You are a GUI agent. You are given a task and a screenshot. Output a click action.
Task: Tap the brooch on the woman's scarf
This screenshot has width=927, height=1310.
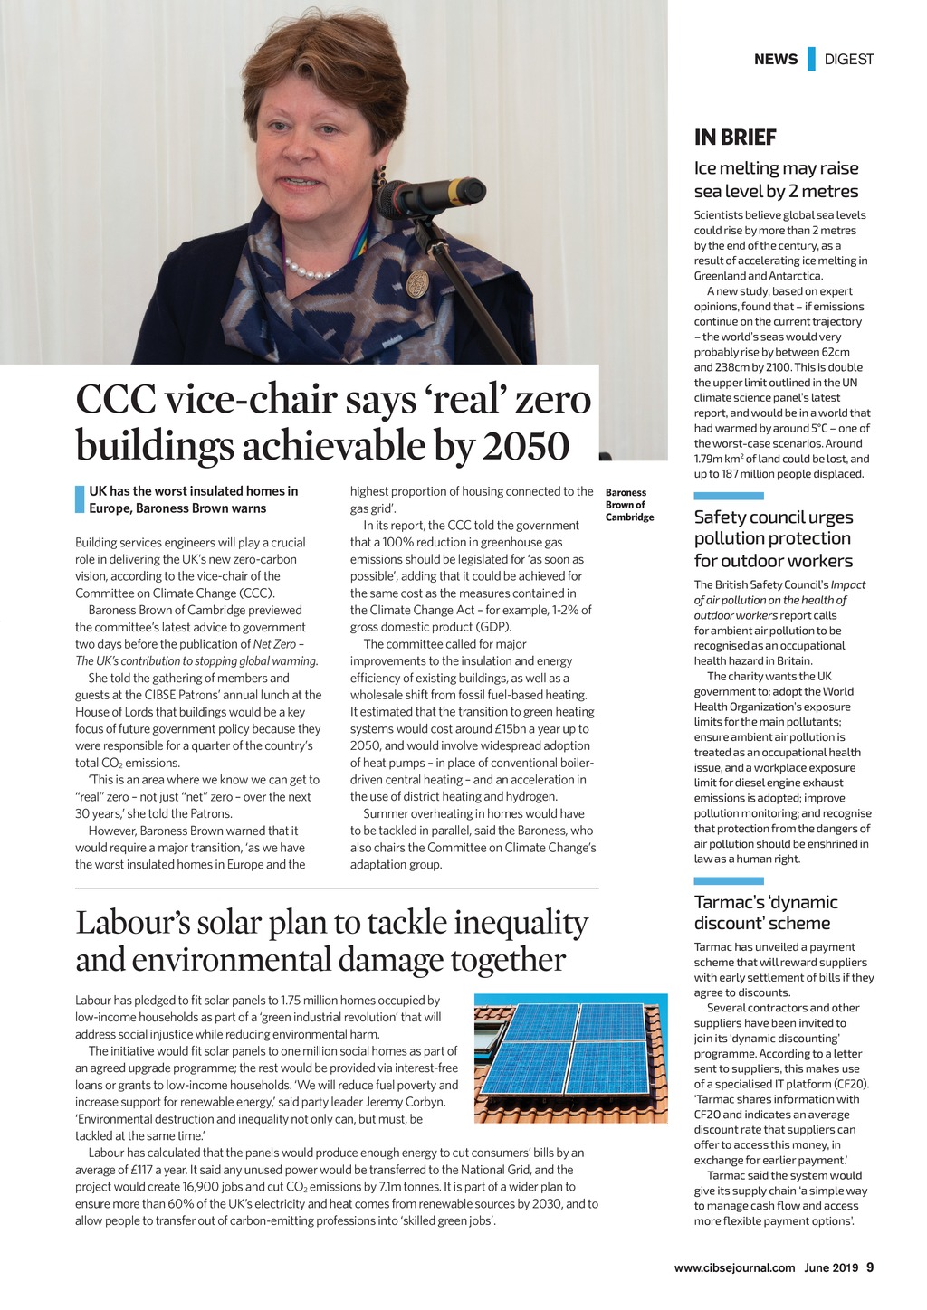click(417, 282)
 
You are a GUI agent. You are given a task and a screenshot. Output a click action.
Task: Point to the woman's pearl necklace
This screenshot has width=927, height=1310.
click(310, 270)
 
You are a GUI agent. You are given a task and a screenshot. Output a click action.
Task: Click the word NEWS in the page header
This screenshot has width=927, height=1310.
click(776, 60)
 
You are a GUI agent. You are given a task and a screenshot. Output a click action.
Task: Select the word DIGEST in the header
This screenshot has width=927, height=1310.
click(849, 60)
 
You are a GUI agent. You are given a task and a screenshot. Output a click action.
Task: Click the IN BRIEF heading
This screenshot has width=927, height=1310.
click(735, 138)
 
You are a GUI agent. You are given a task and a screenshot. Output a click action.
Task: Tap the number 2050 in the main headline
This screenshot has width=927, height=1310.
click(526, 445)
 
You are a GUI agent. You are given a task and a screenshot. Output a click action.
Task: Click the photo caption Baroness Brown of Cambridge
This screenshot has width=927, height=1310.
click(629, 505)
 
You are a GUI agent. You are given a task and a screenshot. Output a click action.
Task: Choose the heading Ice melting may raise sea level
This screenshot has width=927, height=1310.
click(776, 179)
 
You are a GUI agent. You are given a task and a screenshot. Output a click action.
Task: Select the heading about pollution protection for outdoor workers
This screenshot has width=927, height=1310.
click(773, 538)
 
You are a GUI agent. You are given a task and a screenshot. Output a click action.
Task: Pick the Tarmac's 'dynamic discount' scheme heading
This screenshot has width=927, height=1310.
click(766, 912)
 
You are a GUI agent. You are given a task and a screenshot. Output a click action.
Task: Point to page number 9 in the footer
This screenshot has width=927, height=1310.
click(870, 1267)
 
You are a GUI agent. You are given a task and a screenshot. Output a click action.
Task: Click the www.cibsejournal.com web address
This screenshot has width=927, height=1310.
click(734, 1268)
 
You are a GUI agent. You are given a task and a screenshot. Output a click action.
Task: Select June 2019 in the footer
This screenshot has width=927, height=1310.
click(831, 1268)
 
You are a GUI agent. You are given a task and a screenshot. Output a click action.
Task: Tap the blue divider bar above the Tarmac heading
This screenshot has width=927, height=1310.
click(729, 881)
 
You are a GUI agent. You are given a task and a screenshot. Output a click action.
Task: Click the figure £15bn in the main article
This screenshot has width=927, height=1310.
click(509, 728)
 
